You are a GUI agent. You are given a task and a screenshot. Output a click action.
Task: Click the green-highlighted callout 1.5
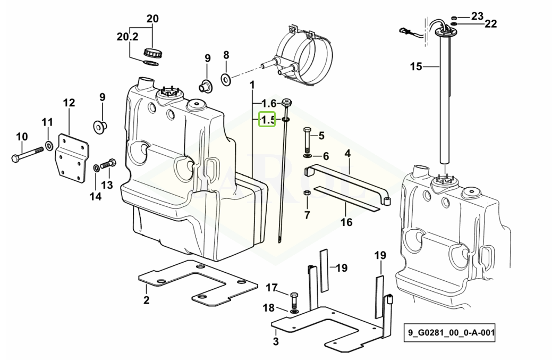(267, 120)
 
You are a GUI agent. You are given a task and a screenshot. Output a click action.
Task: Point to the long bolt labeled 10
(28, 154)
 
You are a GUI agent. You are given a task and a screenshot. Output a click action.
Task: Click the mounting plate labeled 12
(72, 158)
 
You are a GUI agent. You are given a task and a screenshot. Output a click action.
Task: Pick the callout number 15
(416, 66)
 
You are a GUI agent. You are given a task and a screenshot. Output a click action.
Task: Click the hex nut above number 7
(307, 193)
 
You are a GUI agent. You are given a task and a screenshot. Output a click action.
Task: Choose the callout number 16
(346, 222)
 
